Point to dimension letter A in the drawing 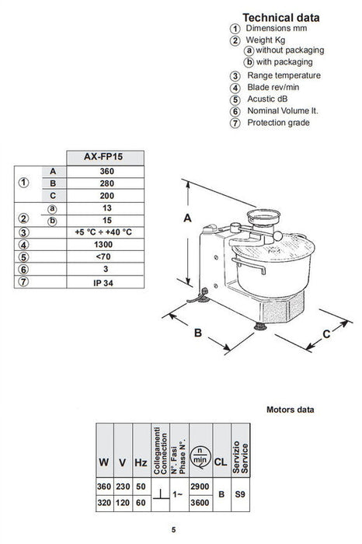click(x=187, y=219)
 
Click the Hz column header click(x=140, y=462)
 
